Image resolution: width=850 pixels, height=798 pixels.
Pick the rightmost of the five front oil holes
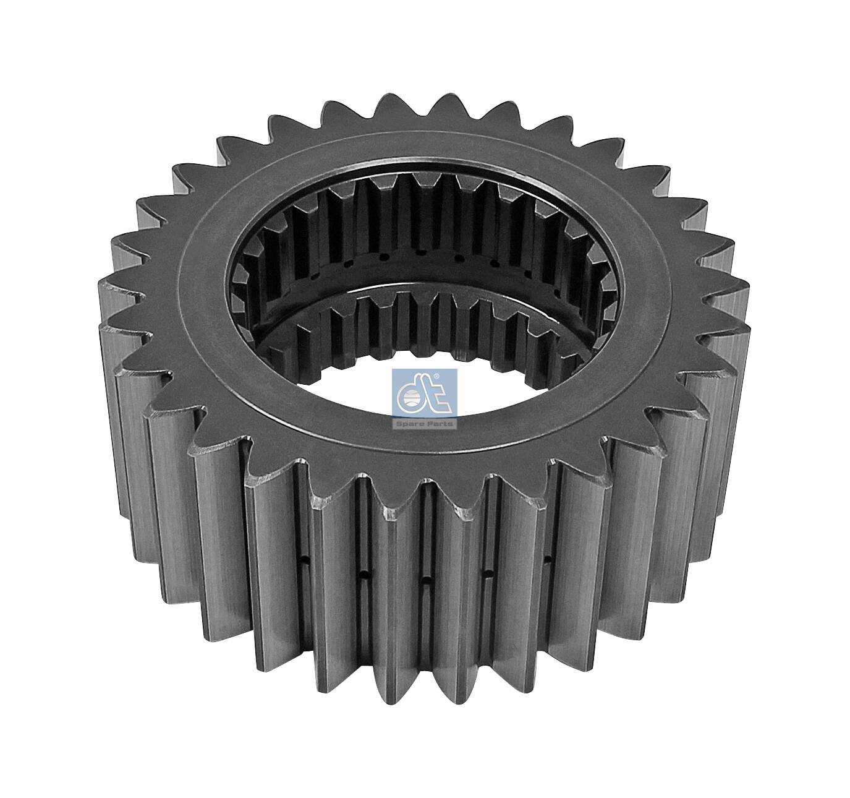tap(547, 560)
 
